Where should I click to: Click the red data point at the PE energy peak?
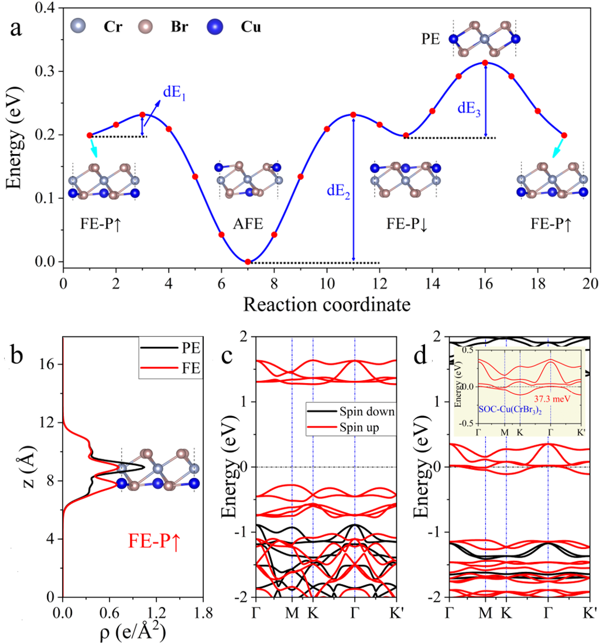pyautogui.click(x=485, y=63)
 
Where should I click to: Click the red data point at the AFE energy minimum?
pyautogui.click(x=248, y=261)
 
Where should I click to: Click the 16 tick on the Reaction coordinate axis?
pyautogui.click(x=485, y=281)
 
